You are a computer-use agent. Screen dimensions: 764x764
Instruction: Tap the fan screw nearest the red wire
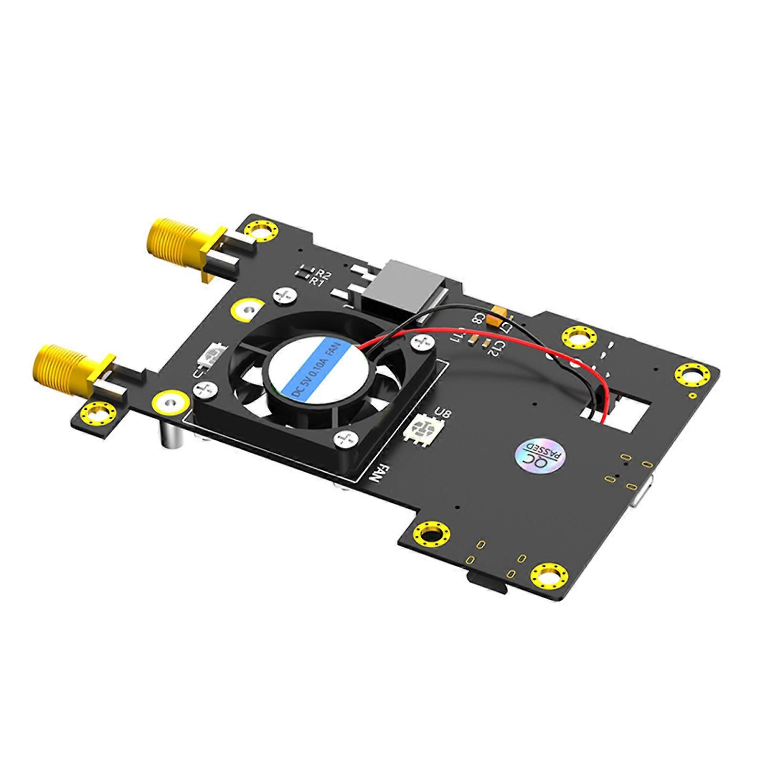[420, 342]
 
